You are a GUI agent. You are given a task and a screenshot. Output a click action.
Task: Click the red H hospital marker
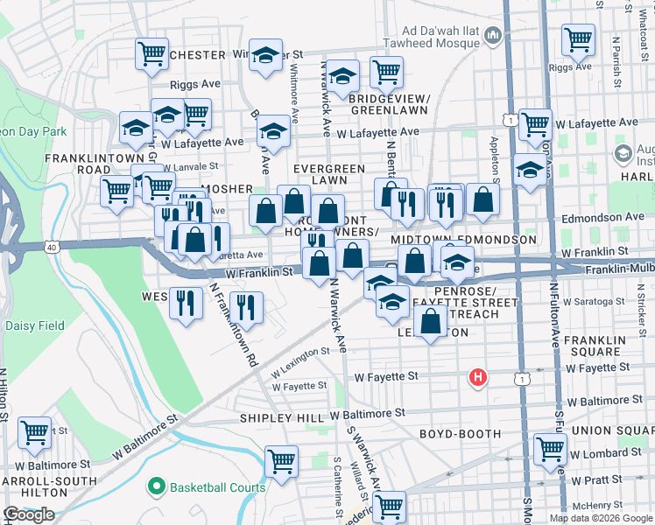[477, 377]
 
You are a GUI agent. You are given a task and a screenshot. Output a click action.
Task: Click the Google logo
[29, 514]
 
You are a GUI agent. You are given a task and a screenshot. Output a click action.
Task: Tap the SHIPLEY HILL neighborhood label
[282, 419]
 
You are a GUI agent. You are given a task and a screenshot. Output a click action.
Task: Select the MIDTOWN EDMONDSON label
[463, 239]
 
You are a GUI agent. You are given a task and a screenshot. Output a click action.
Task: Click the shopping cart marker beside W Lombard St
[550, 448]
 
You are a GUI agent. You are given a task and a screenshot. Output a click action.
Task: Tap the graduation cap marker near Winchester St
[264, 56]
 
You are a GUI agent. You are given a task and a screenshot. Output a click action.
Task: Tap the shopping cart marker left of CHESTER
[151, 54]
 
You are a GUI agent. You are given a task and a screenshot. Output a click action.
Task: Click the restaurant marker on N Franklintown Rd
[248, 307]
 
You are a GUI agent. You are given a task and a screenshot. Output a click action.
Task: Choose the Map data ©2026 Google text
[600, 518]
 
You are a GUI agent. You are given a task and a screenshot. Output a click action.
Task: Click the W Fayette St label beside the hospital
[386, 377]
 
